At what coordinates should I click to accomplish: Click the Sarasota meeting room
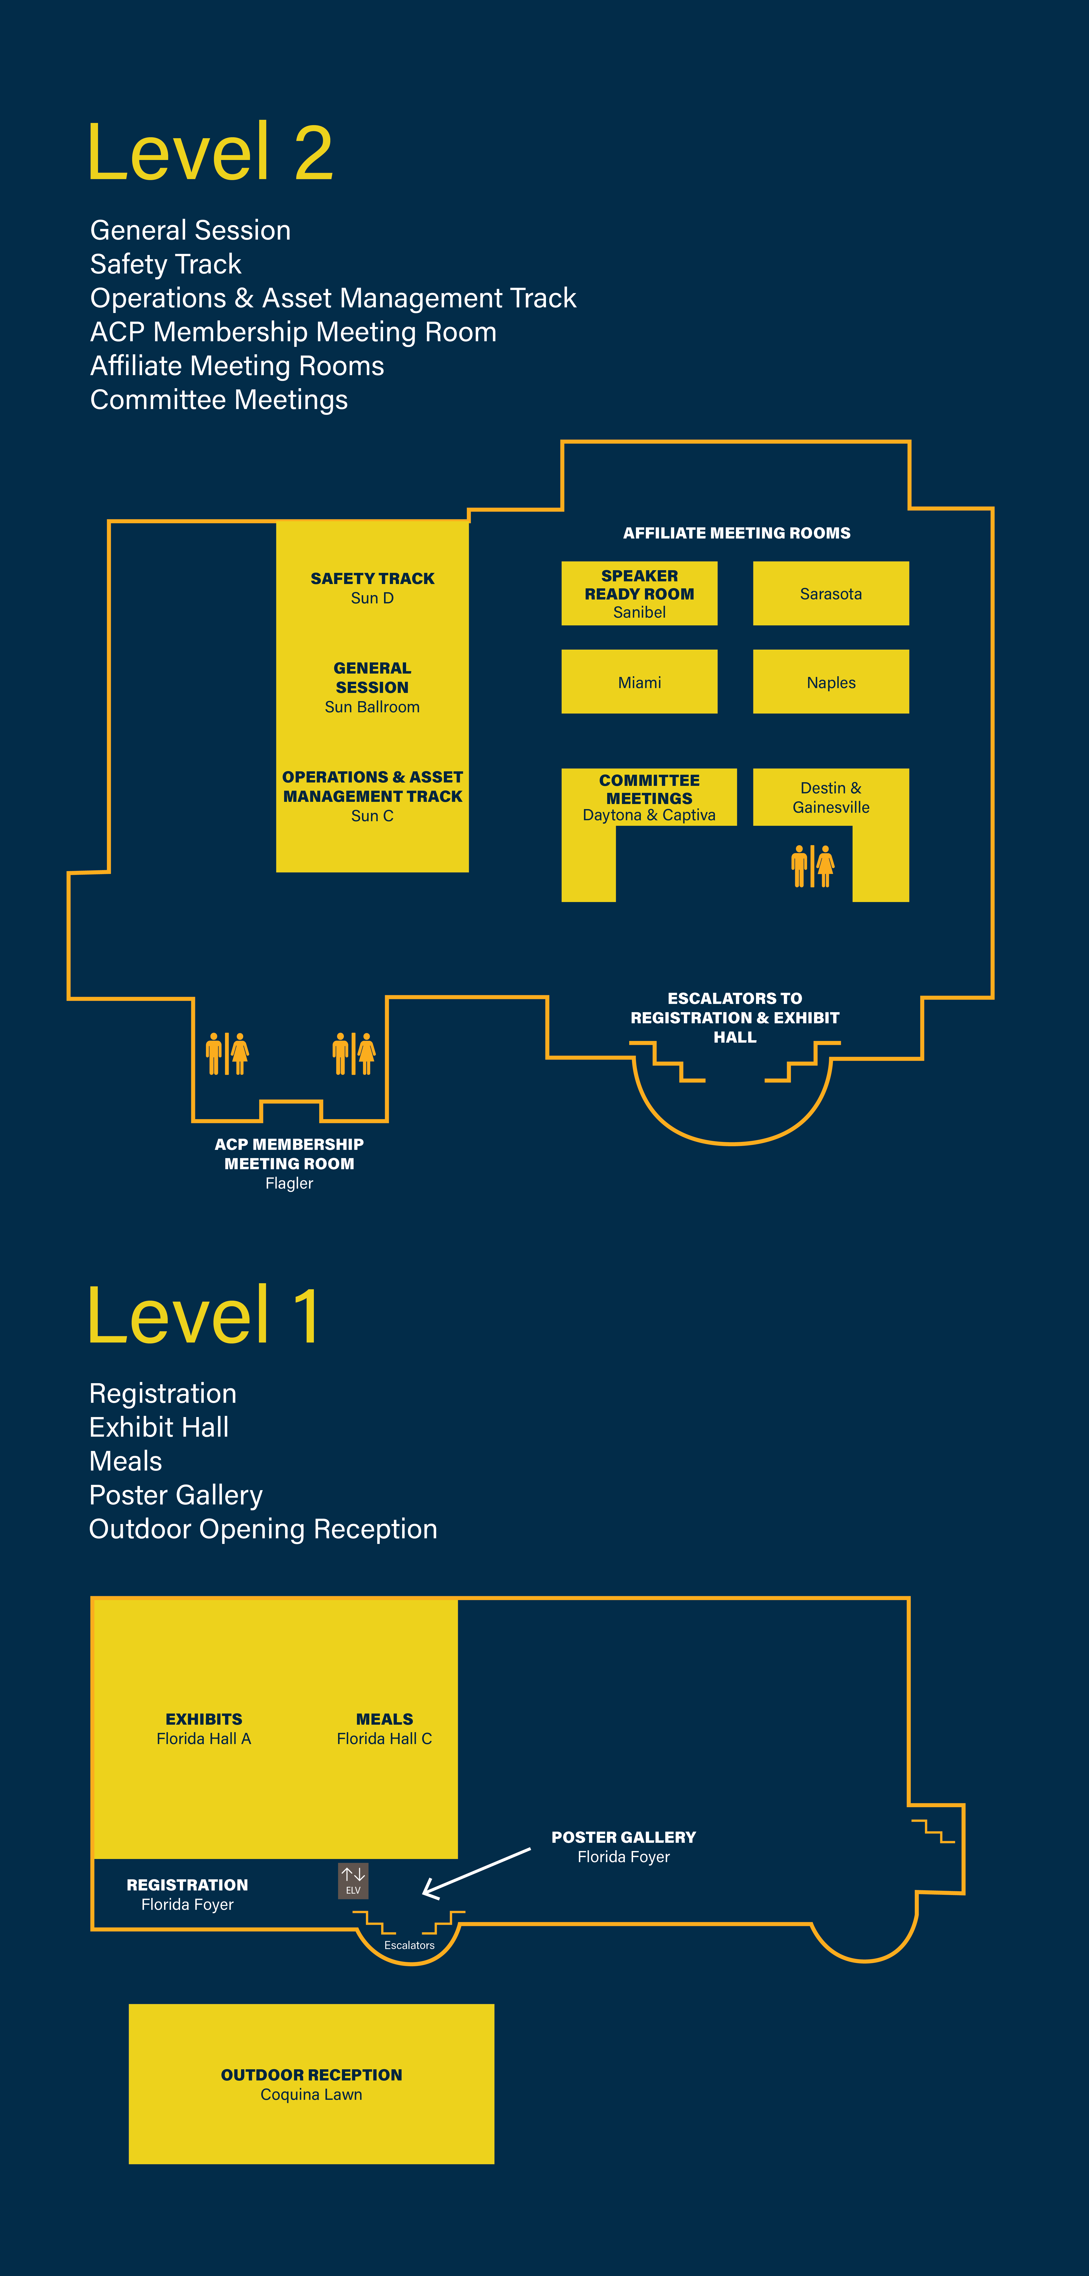click(x=830, y=594)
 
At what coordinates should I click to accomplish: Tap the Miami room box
click(x=639, y=682)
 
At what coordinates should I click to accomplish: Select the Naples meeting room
click(x=830, y=682)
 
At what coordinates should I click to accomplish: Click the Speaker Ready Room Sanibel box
click(x=639, y=594)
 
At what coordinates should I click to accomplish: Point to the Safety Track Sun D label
click(x=372, y=588)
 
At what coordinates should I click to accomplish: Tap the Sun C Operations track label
click(x=372, y=796)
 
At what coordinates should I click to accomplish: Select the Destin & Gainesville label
click(x=830, y=797)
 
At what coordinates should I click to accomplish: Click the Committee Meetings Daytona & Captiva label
click(x=649, y=797)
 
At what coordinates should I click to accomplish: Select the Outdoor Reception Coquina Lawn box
click(x=311, y=2083)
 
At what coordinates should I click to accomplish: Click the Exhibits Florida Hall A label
click(x=204, y=1728)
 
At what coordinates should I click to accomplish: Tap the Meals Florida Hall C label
click(x=384, y=1728)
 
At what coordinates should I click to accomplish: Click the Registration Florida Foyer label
click(x=187, y=1894)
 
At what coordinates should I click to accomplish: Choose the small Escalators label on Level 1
click(x=409, y=1945)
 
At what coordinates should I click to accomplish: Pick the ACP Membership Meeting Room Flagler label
click(x=289, y=1163)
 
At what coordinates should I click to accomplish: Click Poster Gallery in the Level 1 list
click(x=176, y=1495)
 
